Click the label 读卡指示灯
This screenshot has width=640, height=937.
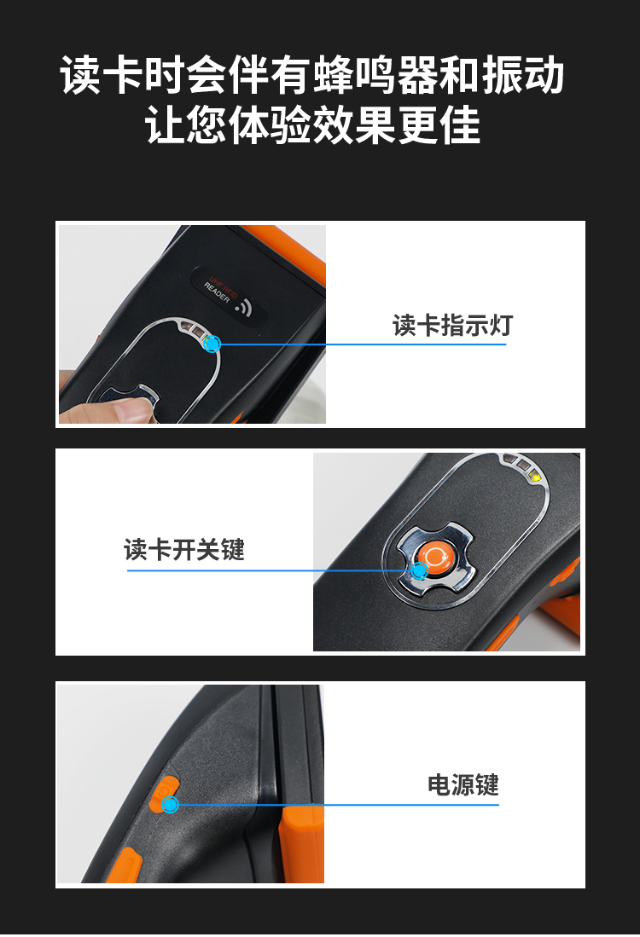(452, 326)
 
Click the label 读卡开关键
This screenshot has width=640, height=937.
(184, 550)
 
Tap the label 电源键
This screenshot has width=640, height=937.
(463, 784)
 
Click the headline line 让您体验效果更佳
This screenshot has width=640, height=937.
(313, 124)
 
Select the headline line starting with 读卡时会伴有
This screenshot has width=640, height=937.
(312, 75)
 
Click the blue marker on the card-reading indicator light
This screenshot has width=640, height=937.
(212, 344)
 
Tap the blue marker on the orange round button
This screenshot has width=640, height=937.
(420, 570)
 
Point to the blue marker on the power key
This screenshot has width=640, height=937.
(171, 805)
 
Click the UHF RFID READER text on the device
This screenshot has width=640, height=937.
(220, 289)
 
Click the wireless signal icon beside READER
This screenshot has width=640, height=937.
(243, 307)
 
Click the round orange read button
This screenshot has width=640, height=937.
(433, 556)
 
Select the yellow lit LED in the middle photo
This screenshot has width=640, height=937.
(535, 477)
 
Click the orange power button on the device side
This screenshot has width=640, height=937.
(163, 794)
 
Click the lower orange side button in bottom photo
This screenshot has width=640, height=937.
(127, 865)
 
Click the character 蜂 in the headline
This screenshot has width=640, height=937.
(333, 75)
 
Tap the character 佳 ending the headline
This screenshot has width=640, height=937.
(461, 125)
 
